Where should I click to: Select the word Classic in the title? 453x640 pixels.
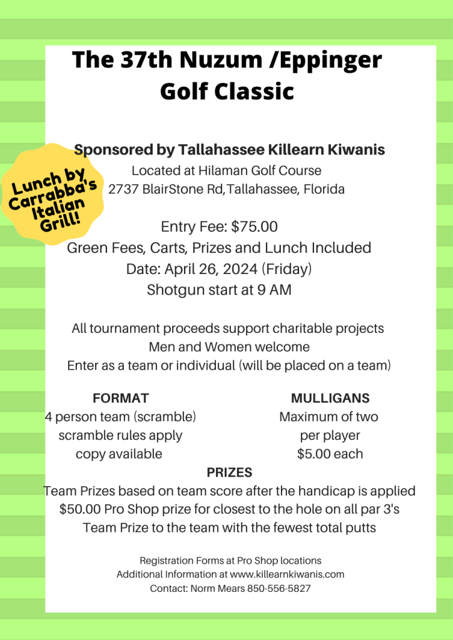(254, 91)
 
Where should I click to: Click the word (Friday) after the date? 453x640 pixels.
(287, 269)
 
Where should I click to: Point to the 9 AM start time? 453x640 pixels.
(277, 290)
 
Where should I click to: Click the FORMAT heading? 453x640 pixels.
(120, 398)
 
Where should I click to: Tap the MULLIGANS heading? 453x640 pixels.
(330, 398)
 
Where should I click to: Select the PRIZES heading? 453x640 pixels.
(229, 472)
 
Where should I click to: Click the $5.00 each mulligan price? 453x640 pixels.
(330, 454)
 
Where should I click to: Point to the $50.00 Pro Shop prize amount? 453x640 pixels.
(80, 509)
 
